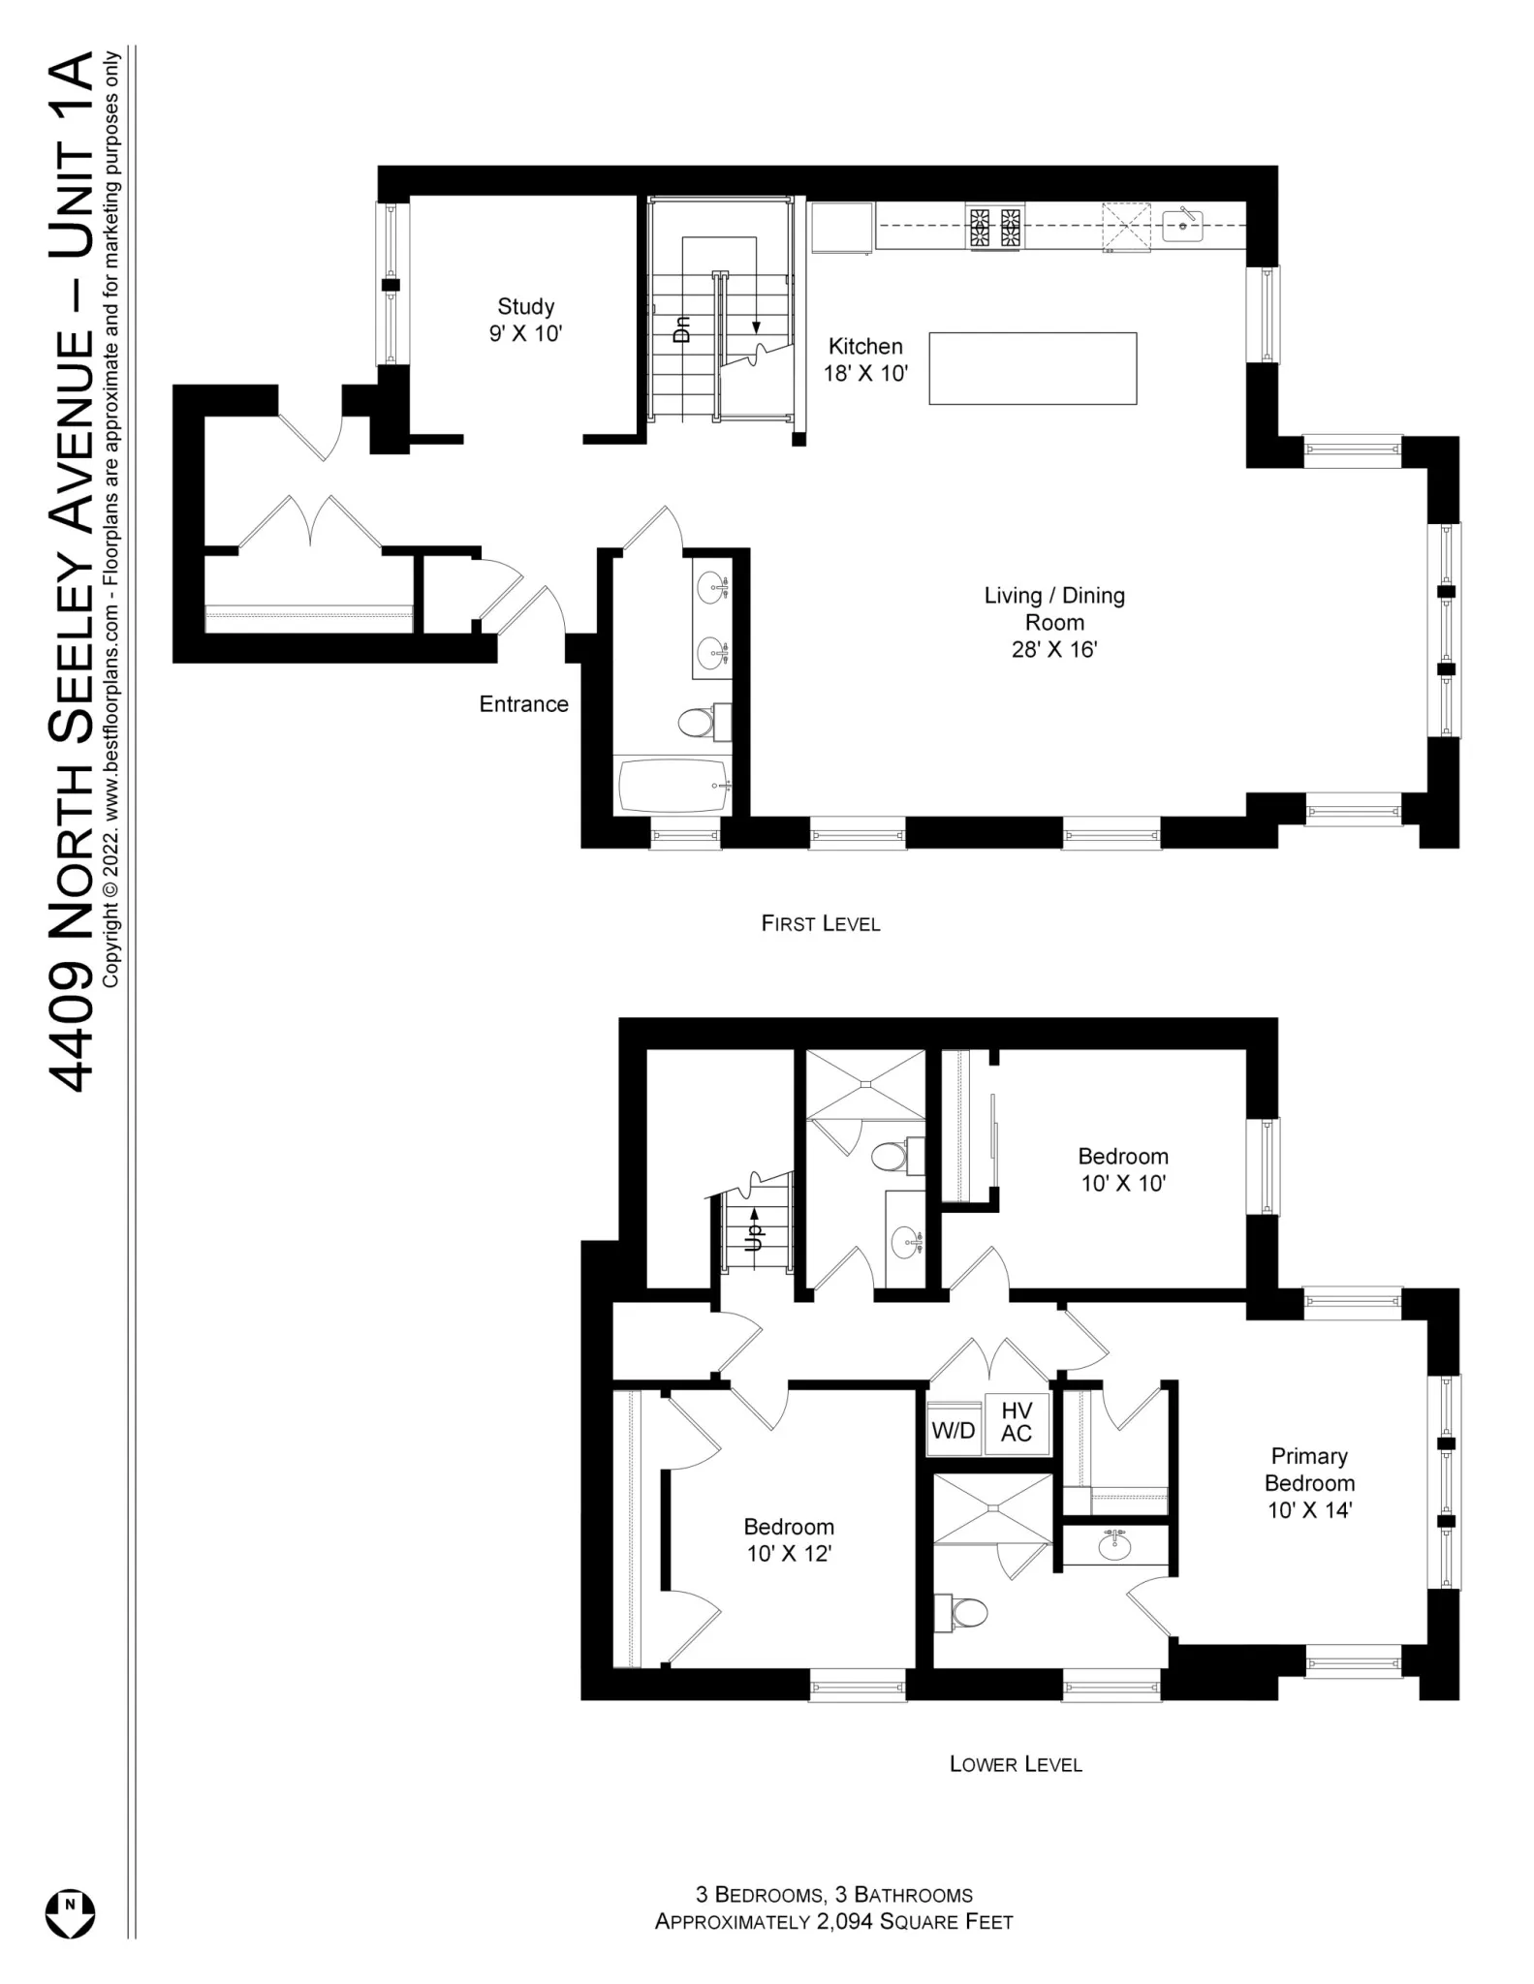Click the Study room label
525,320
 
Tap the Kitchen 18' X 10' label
865,359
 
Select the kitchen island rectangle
1032,368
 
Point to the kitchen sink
1182,227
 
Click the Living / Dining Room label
1054,622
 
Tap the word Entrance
523,704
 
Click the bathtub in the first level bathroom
673,785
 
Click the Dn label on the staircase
682,329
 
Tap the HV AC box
1017,1422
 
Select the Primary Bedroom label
1309,1483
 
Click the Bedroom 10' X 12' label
789,1540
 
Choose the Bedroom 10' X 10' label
1123,1169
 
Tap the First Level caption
821,924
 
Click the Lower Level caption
1016,1764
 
